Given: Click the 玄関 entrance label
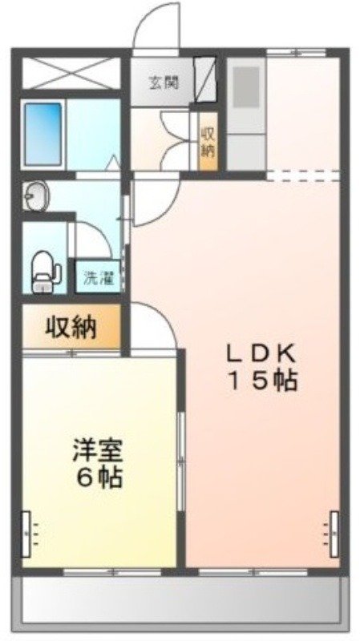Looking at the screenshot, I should pyautogui.click(x=163, y=81).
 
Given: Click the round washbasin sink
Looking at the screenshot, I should pyautogui.click(x=35, y=197).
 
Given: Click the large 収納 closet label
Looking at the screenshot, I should pyautogui.click(x=71, y=327).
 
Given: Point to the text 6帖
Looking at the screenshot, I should pyautogui.click(x=99, y=478).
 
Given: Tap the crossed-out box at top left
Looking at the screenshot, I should pyautogui.click(x=71, y=73).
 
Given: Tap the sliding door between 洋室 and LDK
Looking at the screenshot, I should pyautogui.click(x=181, y=457).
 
